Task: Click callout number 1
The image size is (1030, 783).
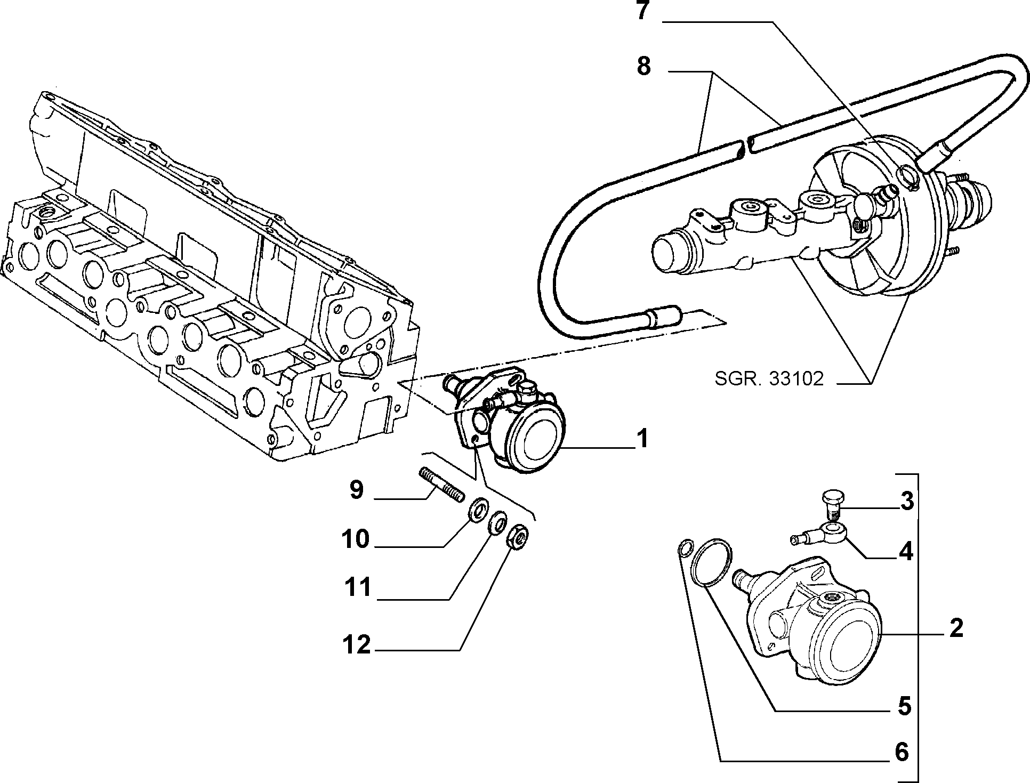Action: coord(643,440)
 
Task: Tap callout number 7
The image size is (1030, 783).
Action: coord(643,10)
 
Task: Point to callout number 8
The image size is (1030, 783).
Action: coord(643,67)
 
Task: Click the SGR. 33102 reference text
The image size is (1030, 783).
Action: coord(769,379)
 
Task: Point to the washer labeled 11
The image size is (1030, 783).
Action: coord(498,522)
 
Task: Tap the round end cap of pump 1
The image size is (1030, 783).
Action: coord(535,440)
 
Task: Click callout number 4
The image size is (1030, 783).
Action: coord(906,552)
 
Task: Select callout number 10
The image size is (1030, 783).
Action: coord(356,539)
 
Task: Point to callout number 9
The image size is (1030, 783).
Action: coord(356,490)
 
